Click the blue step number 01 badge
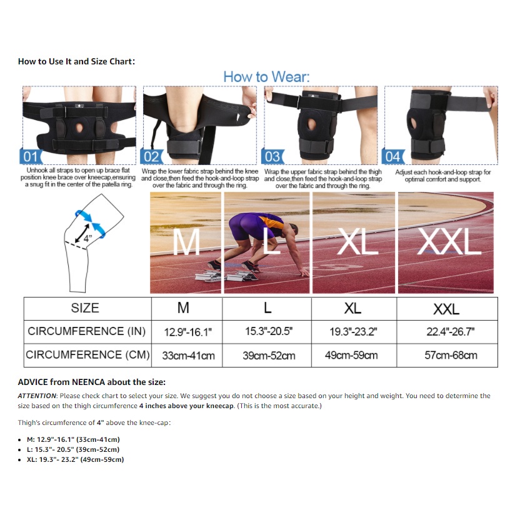click(31, 156)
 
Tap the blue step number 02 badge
click(151, 156)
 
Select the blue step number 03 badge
click(272, 156)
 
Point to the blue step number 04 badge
click(393, 156)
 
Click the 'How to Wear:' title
click(266, 77)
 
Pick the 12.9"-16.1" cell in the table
click(187, 332)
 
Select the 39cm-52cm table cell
click(269, 356)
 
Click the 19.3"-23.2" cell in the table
click(353, 332)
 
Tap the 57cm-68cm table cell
click(451, 355)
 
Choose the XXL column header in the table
click(446, 309)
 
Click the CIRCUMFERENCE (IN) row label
click(86, 331)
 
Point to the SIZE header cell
click(85, 308)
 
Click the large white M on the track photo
click(186, 242)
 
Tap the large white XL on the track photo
click(357, 241)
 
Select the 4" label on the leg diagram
click(87, 238)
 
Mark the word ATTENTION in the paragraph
click(37, 396)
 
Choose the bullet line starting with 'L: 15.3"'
click(73, 449)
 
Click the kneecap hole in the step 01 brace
click(79, 127)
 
